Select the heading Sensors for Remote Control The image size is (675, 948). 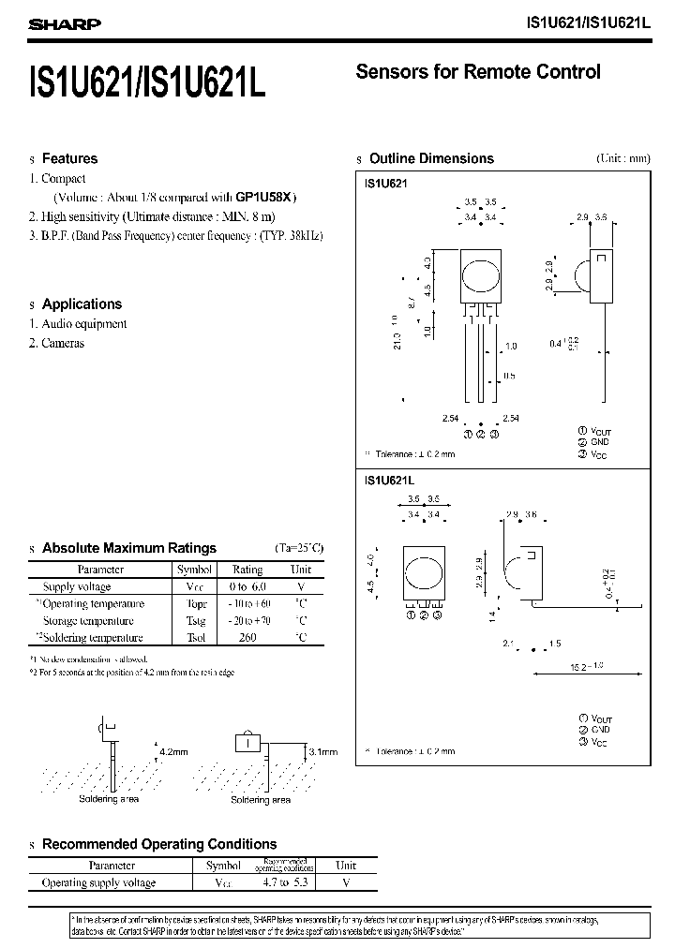point(478,72)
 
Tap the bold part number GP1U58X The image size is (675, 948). point(264,198)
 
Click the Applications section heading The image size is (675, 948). point(82,304)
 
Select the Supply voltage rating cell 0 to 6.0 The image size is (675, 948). point(247,587)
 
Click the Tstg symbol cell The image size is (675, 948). point(195,621)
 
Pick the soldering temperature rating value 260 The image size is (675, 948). point(247,638)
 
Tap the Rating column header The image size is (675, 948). point(247,570)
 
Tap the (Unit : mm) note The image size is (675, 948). point(622,159)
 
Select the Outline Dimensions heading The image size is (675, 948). point(431,159)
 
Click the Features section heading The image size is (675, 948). point(69,159)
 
